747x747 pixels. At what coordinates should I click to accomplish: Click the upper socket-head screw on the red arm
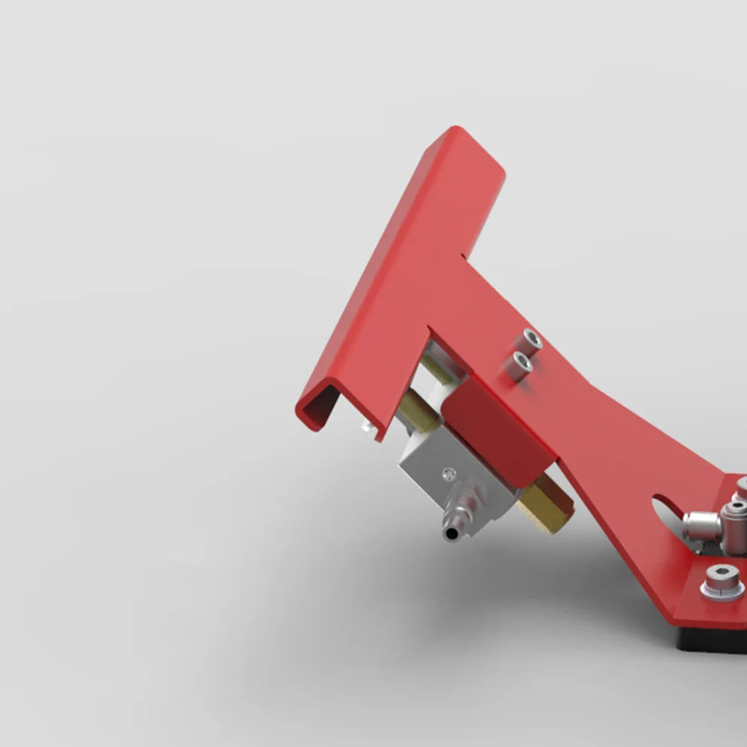pyautogui.click(x=531, y=340)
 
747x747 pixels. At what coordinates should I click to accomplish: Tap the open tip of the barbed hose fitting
pyautogui.click(x=450, y=533)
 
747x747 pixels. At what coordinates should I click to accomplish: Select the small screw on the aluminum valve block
pyautogui.click(x=447, y=473)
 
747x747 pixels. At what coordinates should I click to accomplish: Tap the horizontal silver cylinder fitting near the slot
pyautogui.click(x=702, y=521)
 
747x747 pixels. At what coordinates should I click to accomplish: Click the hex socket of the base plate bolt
pyautogui.click(x=722, y=574)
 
